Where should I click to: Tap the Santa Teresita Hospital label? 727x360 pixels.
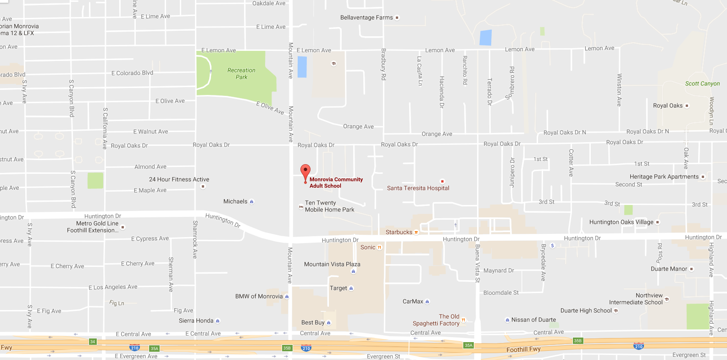point(418,188)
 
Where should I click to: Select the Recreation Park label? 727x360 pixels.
point(241,73)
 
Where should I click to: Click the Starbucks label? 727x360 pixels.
point(399,232)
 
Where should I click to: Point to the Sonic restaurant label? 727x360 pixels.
point(368,247)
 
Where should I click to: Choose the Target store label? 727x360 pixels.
point(339,288)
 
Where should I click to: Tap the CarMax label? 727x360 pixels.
point(413,301)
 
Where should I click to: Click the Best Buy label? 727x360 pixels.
point(313,322)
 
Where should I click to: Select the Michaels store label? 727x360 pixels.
point(235,201)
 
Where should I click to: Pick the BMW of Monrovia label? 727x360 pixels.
point(259,296)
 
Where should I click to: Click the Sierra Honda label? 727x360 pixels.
point(196,321)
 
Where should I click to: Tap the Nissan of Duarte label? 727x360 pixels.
point(533,320)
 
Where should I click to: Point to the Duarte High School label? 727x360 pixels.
point(586,310)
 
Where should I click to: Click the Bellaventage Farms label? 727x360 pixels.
point(366,17)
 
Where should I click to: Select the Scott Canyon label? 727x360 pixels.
point(702,83)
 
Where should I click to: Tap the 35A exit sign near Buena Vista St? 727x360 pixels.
point(468,345)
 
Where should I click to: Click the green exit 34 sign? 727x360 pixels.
point(93,342)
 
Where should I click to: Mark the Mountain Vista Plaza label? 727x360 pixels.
point(332,264)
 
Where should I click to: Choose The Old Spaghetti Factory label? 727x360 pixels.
point(436,320)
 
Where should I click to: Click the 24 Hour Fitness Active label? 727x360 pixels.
point(179,179)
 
